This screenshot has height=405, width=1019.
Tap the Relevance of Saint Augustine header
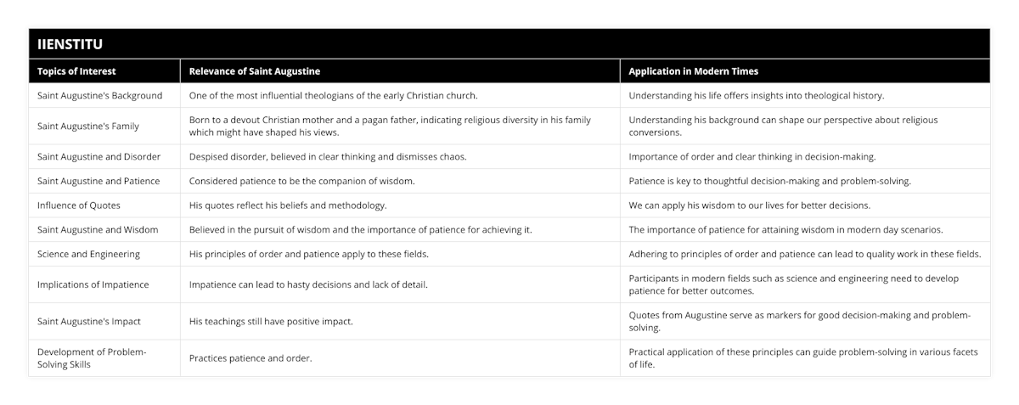pyautogui.click(x=254, y=71)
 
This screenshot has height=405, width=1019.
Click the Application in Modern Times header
pyautogui.click(x=693, y=71)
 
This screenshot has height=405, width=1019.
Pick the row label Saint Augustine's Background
pyautogui.click(x=100, y=95)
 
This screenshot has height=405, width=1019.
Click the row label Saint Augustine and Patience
pyautogui.click(x=99, y=181)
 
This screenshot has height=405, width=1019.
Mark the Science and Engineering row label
pyautogui.click(x=89, y=254)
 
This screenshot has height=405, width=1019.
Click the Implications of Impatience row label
pyautogui.click(x=93, y=284)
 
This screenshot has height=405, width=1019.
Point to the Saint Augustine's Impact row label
pyautogui.click(x=88, y=321)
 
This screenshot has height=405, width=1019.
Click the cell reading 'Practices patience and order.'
pyautogui.click(x=251, y=357)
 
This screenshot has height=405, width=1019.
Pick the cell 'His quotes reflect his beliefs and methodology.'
pyautogui.click(x=288, y=205)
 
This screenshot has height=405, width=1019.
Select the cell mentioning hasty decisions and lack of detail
pyautogui.click(x=308, y=284)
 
